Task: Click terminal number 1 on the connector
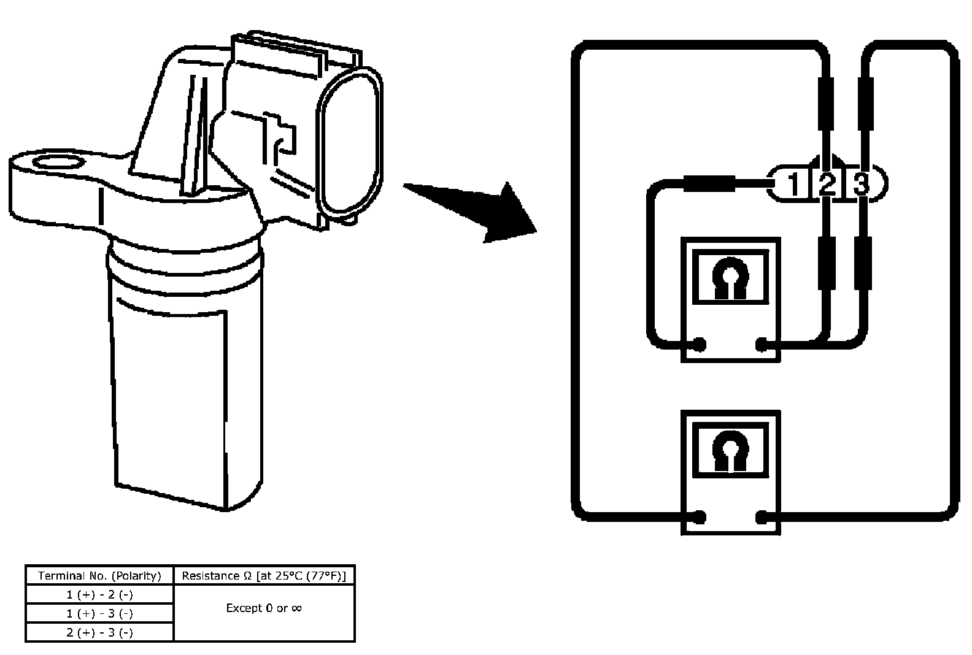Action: pyautogui.click(x=794, y=184)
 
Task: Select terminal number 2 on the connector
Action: pyautogui.click(x=827, y=184)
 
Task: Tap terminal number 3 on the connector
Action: pyautogui.click(x=861, y=184)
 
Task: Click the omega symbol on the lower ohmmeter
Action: pyautogui.click(x=730, y=451)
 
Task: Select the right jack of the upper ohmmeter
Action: pyautogui.click(x=762, y=345)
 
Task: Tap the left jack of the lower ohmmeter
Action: pyautogui.click(x=700, y=517)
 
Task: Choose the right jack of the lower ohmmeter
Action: pyautogui.click(x=762, y=517)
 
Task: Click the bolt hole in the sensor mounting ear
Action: pyautogui.click(x=58, y=163)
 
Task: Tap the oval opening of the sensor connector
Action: pyautogui.click(x=349, y=143)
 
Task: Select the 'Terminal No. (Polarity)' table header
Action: pyautogui.click(x=99, y=576)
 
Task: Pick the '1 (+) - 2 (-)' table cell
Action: pyautogui.click(x=100, y=595)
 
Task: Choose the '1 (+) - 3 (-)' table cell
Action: pyautogui.click(x=100, y=613)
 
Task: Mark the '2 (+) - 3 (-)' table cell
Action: pyautogui.click(x=100, y=632)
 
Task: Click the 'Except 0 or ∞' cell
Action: pyautogui.click(x=264, y=608)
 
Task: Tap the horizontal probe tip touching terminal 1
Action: pyautogui.click(x=709, y=183)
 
